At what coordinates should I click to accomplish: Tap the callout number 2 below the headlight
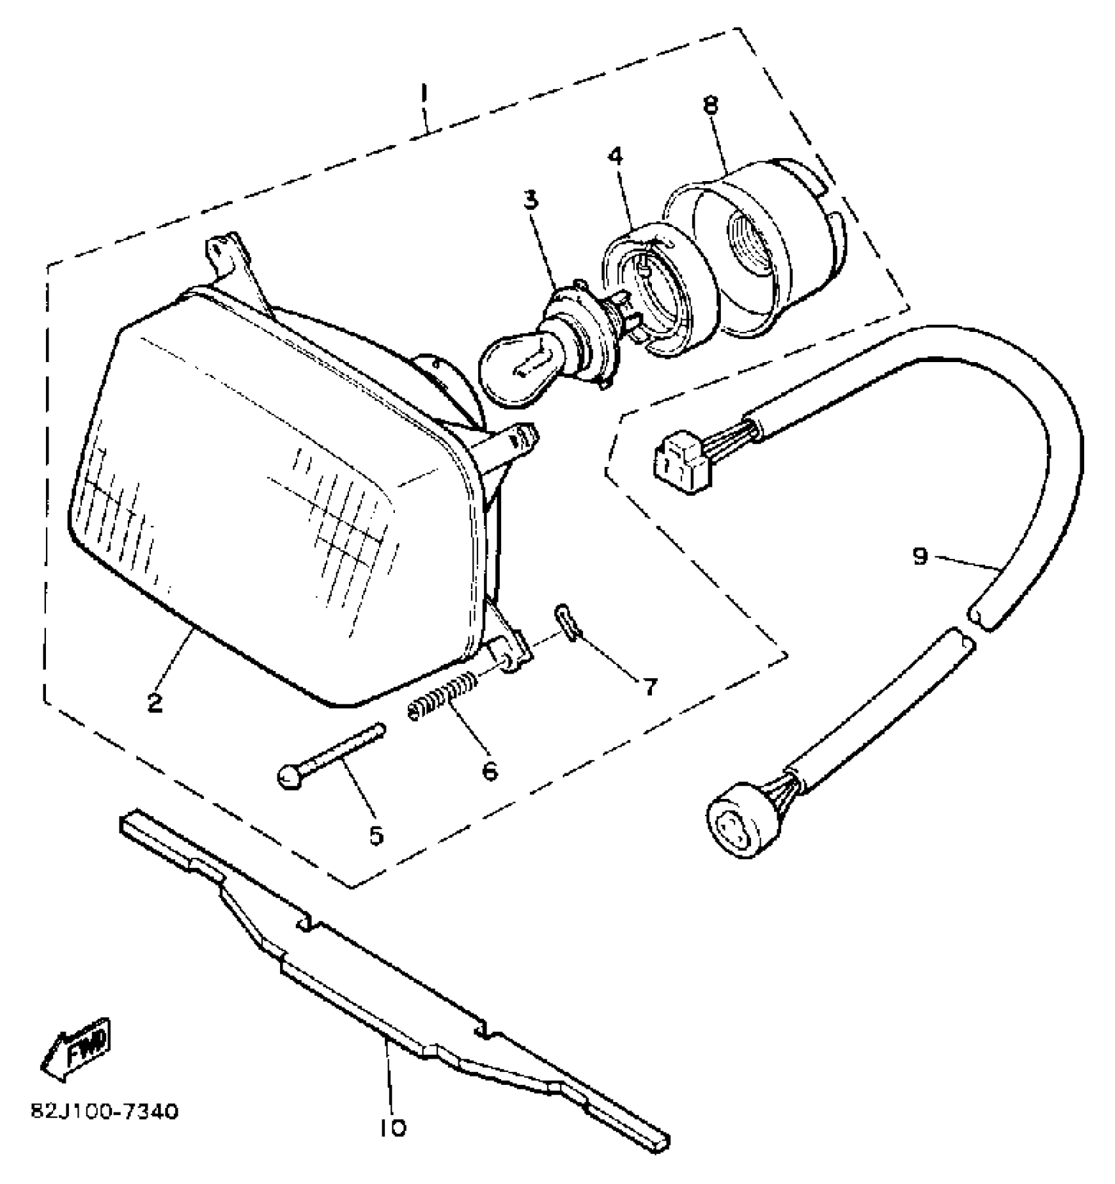tap(155, 703)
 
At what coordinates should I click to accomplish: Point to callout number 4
tap(615, 157)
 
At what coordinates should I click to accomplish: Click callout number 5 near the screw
tap(376, 835)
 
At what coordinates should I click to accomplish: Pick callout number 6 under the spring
tap(489, 770)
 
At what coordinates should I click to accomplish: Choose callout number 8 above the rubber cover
tap(711, 105)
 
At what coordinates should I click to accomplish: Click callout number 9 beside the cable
tap(920, 556)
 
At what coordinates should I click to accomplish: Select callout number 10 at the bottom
tap(392, 1127)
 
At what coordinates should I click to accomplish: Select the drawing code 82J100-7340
tap(104, 1113)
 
